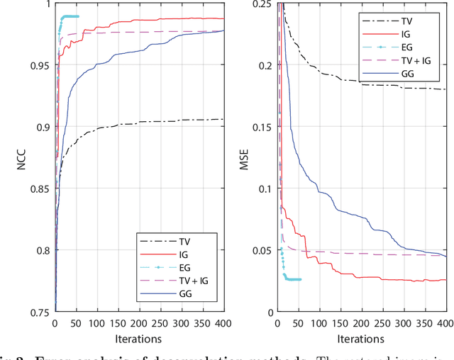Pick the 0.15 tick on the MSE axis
click(263, 127)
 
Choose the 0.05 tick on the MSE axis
click(263, 250)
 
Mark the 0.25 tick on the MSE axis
click(263, 4)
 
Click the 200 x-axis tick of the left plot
click(139, 323)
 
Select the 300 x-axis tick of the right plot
click(404, 323)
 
